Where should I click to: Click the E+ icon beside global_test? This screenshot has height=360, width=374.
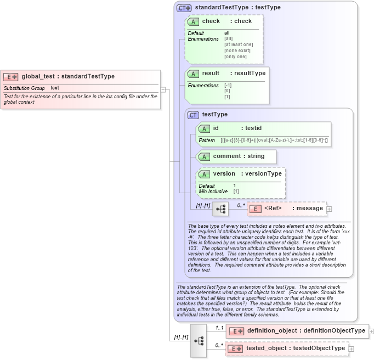point(11,77)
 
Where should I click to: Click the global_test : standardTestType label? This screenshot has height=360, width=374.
point(68,77)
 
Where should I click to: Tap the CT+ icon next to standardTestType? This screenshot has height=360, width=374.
point(184,8)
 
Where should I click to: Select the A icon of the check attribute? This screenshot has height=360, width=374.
point(193,22)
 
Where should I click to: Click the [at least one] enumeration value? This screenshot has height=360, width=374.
point(239,44)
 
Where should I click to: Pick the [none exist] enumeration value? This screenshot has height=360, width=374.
point(237,50)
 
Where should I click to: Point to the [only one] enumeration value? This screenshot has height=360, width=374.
point(235,57)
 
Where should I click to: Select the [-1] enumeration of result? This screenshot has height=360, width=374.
point(228,86)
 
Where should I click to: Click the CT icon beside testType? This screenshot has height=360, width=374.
point(193,115)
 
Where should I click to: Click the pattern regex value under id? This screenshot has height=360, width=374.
point(274,140)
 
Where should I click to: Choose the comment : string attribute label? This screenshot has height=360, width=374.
point(239,156)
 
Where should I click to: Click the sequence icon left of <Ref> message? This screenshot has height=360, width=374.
point(220,209)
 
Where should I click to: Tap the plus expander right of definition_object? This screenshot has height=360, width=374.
point(372,331)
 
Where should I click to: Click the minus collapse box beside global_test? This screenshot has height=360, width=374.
point(163,89)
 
